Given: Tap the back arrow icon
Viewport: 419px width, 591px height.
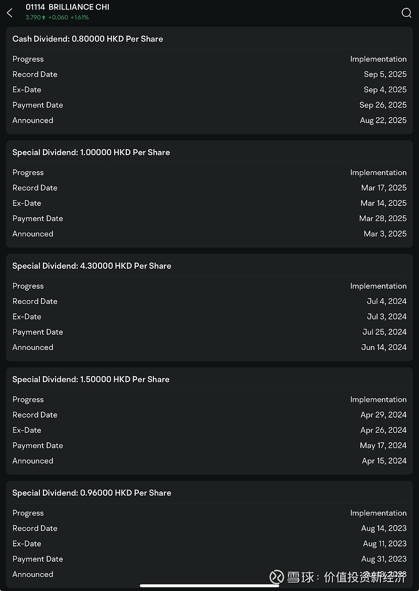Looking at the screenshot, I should [x=9, y=13].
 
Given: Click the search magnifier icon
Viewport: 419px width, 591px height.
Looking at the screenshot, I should [x=406, y=13].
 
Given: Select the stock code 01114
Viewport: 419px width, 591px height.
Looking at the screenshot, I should [x=35, y=7].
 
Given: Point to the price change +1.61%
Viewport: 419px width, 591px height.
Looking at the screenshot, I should [x=80, y=17].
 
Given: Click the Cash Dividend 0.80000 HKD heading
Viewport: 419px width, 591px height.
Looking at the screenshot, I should [x=87, y=39].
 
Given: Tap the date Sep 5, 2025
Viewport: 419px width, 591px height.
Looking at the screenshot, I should [x=385, y=74].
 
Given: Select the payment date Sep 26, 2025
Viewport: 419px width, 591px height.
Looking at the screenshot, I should [x=383, y=105].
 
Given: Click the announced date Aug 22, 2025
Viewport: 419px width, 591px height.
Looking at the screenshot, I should [x=383, y=120].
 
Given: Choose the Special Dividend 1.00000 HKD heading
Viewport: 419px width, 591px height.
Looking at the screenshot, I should [x=91, y=152].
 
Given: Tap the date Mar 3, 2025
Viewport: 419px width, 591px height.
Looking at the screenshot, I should [x=385, y=234].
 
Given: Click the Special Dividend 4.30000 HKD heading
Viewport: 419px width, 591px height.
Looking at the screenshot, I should [x=92, y=266].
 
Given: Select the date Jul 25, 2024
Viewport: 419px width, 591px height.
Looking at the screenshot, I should [x=384, y=332].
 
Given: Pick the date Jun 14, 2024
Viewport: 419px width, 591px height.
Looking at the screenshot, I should [x=384, y=347].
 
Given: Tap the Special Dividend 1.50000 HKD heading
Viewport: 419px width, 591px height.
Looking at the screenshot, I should [x=91, y=379].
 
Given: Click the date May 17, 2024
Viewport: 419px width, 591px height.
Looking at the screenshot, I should [x=383, y=445].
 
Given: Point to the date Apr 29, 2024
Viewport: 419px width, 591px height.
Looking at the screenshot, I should [x=383, y=415].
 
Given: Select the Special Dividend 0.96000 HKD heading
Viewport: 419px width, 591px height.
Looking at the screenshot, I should [x=92, y=492].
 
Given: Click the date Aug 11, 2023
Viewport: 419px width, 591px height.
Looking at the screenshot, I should [x=384, y=543].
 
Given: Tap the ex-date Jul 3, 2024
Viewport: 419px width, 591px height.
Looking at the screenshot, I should [x=387, y=316].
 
